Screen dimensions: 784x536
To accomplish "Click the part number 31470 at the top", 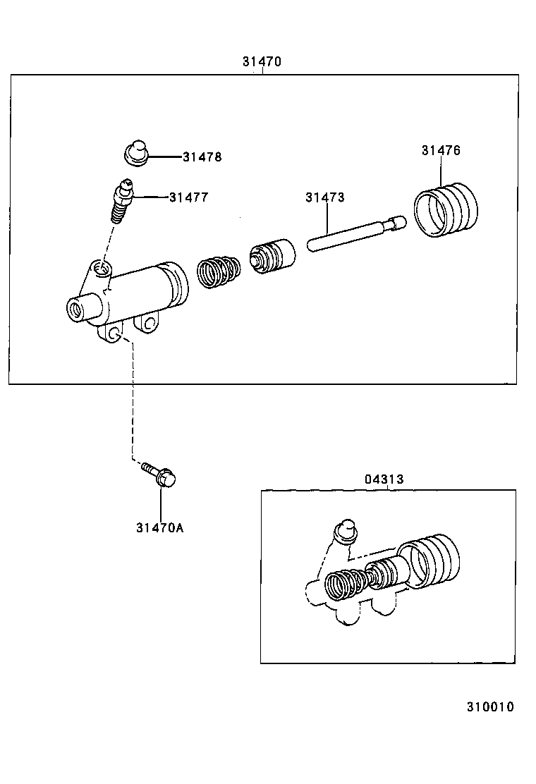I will click(262, 61).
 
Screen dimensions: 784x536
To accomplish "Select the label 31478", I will click(202, 157).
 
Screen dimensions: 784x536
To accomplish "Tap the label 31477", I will click(188, 197).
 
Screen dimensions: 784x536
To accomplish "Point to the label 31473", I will click(324, 197).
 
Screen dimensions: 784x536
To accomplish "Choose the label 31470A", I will click(160, 527).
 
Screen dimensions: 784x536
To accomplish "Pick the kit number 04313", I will click(384, 479).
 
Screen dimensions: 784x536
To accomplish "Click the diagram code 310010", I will click(489, 706).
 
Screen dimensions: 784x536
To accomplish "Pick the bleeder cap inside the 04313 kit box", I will click(345, 532).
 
